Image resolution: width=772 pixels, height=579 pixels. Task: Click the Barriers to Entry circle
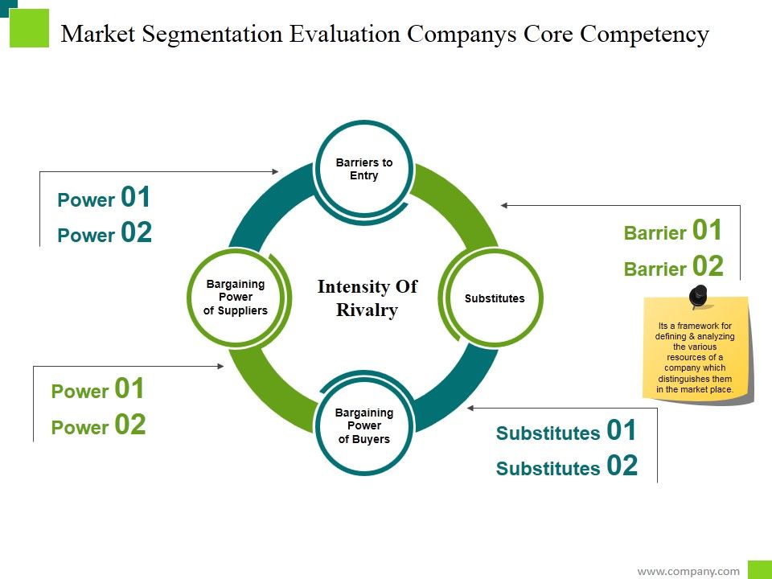(x=364, y=169)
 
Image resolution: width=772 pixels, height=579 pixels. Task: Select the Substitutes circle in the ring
(x=495, y=298)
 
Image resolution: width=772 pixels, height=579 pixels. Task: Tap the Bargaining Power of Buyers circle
(x=364, y=426)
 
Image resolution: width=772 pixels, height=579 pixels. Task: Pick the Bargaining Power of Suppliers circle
(x=235, y=298)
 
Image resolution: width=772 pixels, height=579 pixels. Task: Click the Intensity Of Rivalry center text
(x=367, y=298)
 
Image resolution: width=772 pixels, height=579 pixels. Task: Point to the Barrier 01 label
(x=673, y=232)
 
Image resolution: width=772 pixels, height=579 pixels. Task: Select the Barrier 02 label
(x=673, y=267)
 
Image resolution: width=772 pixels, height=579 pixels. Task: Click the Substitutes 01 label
(x=566, y=432)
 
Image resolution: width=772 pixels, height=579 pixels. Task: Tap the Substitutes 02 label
(x=566, y=467)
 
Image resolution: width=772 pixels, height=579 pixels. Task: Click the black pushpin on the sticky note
(x=698, y=295)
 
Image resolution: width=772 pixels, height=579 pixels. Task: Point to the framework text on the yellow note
(x=695, y=358)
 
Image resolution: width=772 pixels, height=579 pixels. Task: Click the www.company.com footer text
(x=688, y=571)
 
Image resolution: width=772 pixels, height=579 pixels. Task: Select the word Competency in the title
(x=645, y=35)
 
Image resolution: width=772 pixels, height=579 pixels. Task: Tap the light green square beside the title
(x=30, y=28)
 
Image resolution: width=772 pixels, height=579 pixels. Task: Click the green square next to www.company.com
(x=759, y=569)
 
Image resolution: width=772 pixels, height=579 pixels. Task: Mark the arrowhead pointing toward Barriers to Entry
(x=275, y=171)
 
